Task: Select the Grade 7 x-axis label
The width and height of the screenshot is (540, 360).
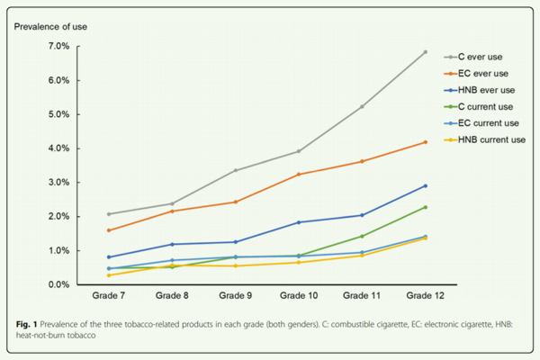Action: (x=108, y=296)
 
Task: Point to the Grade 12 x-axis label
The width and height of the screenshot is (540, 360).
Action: (x=425, y=296)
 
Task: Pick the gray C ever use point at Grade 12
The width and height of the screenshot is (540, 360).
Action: (x=425, y=52)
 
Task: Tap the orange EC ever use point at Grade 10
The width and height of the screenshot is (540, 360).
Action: (x=298, y=174)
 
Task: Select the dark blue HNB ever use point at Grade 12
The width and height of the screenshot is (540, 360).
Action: (x=425, y=185)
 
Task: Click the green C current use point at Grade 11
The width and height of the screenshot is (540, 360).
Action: (x=362, y=236)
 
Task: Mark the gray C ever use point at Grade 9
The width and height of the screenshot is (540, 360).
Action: (x=235, y=170)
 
